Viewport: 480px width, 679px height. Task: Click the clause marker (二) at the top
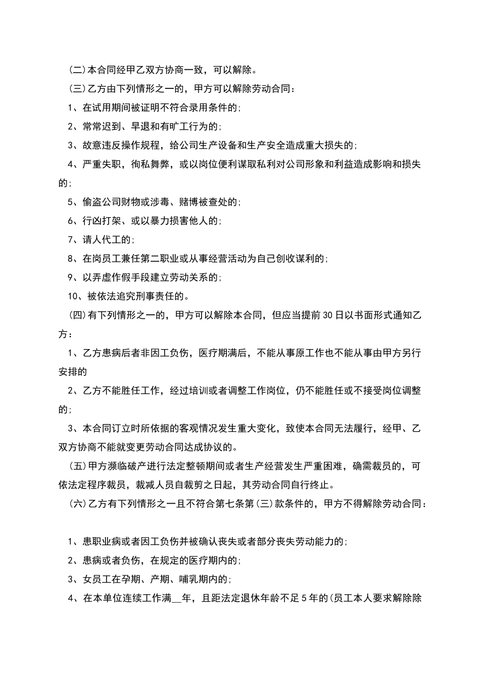pyautogui.click(x=77, y=69)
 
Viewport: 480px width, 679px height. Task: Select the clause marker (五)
pyautogui.click(x=77, y=466)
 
